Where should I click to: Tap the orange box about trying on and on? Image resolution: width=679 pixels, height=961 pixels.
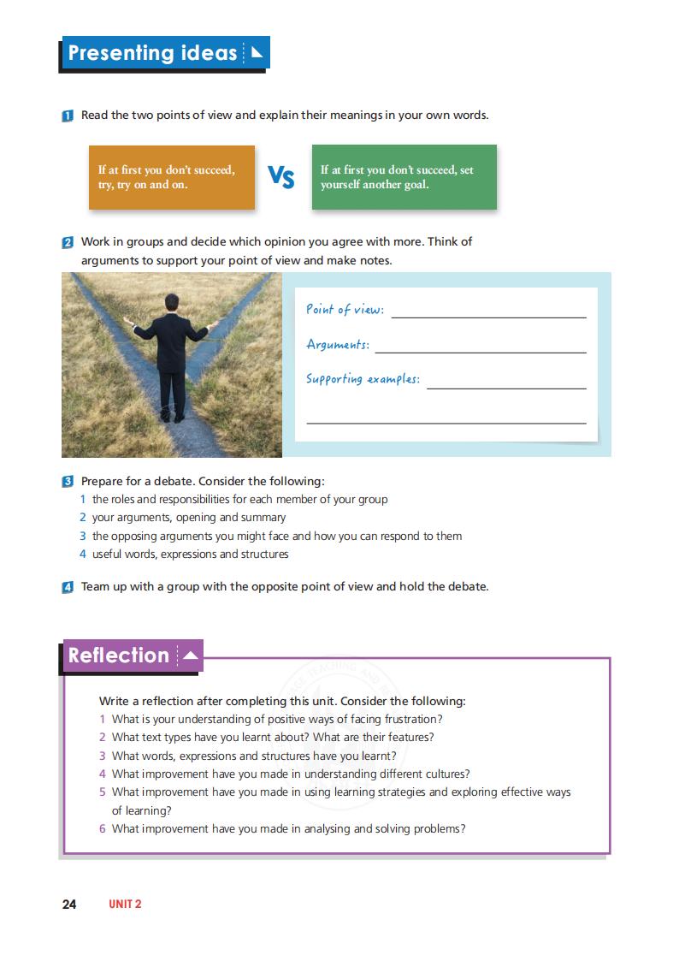click(x=171, y=177)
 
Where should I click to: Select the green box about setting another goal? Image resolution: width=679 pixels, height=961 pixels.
click(x=404, y=177)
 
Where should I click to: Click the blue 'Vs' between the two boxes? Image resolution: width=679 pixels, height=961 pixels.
click(x=281, y=177)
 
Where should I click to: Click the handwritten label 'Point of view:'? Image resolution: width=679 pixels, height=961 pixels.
click(x=345, y=310)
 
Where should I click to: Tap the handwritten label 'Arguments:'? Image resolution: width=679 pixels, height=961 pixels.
click(x=338, y=345)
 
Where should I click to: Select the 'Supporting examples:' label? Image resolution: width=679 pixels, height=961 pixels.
click(x=363, y=379)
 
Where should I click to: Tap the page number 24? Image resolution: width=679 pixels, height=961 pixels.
click(x=69, y=904)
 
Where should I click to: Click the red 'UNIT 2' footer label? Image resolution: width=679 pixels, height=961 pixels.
click(x=125, y=904)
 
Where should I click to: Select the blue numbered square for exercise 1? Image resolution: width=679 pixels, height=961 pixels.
click(x=68, y=116)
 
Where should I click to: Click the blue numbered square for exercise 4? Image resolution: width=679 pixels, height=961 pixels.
click(x=68, y=588)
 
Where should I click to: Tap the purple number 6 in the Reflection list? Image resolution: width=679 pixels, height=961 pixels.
click(x=103, y=828)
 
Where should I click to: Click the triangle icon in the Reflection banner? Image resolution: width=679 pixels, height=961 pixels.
click(x=190, y=655)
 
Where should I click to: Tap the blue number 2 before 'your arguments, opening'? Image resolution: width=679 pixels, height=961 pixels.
click(x=83, y=518)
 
